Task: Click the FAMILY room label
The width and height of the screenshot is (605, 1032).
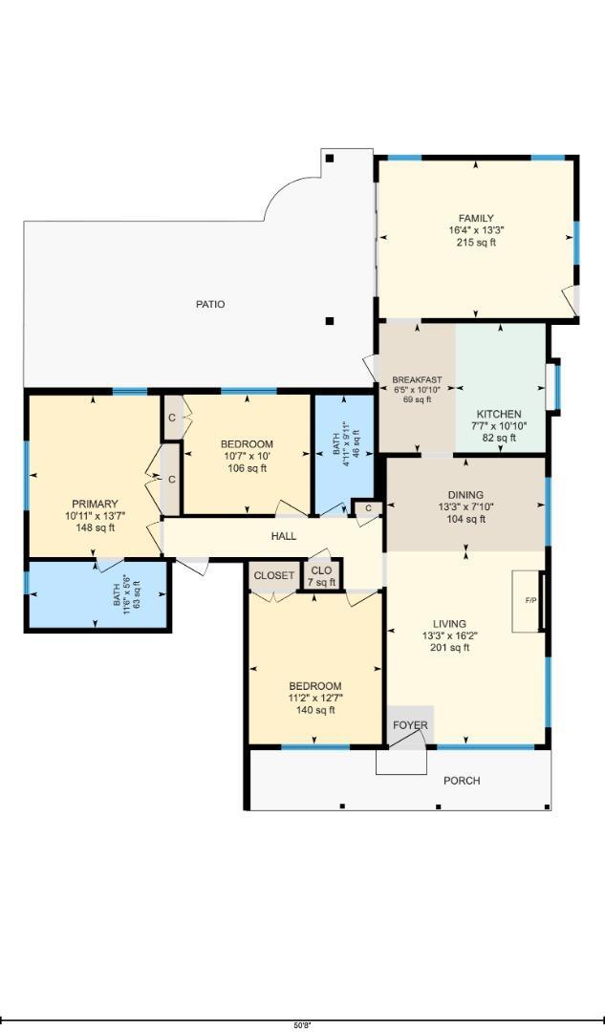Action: coord(476,218)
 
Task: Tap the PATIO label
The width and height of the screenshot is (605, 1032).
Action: coord(210,304)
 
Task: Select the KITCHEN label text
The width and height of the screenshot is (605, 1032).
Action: coord(499,415)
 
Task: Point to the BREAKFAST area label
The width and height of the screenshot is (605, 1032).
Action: coord(417,379)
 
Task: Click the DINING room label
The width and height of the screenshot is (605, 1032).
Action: coord(465,494)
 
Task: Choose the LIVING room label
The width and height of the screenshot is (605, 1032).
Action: coord(449,623)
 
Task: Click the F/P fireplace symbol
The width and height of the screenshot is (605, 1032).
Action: coord(530,600)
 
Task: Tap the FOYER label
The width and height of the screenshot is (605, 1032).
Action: coord(411,725)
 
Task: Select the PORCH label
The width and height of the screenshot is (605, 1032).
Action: coord(462,781)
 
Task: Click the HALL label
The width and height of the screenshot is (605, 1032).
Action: coord(284,536)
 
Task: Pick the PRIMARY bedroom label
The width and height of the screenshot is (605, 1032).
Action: coord(95,504)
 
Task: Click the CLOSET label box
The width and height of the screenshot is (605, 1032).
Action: coord(274,576)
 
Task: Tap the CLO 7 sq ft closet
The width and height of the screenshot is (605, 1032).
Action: coord(321,576)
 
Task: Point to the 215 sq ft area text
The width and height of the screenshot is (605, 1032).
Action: coord(476,242)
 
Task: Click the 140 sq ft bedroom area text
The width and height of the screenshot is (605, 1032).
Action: coord(315,710)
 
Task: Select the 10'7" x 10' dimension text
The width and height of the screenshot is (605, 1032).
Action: coord(247,456)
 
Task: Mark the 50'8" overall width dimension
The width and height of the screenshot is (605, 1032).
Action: coord(302,1024)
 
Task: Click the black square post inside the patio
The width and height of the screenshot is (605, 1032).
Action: coord(330,321)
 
